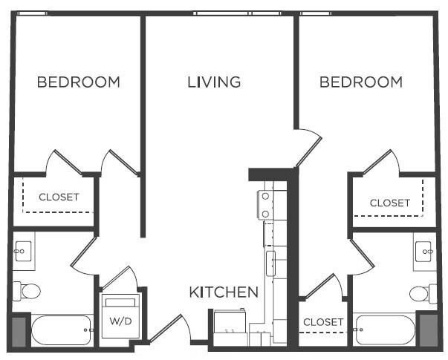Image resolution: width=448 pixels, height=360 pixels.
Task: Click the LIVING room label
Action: point(214,82)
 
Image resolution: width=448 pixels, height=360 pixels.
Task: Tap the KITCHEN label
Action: point(224,292)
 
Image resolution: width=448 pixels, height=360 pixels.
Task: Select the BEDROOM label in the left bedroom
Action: point(78,82)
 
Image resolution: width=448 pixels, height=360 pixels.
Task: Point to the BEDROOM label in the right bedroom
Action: point(361,82)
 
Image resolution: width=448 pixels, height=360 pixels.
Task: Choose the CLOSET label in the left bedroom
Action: point(59,197)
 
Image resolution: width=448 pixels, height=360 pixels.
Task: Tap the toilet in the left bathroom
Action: point(28,292)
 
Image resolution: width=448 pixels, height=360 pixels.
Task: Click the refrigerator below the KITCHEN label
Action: point(230,324)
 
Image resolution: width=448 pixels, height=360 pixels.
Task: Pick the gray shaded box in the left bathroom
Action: point(19,330)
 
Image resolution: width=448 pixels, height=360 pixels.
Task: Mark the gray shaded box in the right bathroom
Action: point(427,330)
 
